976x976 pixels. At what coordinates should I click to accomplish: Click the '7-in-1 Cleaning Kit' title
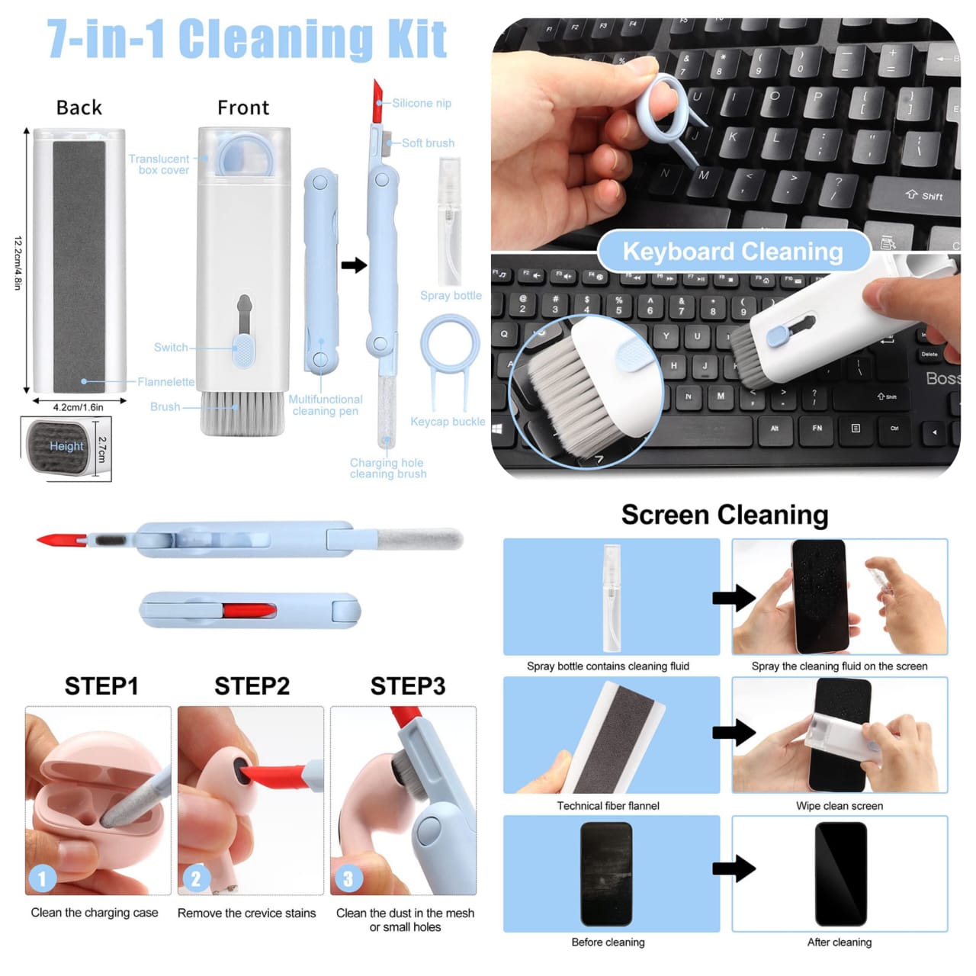[x=247, y=40]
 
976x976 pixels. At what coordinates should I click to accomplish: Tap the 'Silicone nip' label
[x=422, y=103]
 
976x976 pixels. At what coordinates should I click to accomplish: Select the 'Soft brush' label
[x=428, y=143]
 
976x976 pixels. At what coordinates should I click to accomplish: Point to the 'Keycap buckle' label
[x=448, y=422]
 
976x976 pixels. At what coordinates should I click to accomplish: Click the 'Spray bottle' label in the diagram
[x=451, y=296]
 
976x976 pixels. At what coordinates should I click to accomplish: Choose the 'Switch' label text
[x=171, y=348]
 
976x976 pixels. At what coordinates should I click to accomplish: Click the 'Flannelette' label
[x=166, y=382]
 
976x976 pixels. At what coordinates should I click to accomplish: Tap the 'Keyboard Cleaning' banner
[x=733, y=251]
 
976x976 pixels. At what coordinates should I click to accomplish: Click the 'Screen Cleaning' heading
[x=724, y=515]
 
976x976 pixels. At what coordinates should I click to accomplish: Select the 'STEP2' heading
[x=252, y=686]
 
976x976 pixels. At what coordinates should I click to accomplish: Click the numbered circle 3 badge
[x=348, y=879]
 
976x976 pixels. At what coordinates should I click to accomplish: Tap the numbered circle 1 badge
[x=42, y=879]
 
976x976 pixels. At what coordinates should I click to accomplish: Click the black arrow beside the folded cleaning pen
[x=354, y=265]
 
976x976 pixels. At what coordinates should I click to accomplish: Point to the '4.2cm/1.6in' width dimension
[x=78, y=407]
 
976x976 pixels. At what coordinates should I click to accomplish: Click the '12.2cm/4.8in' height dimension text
[x=18, y=262]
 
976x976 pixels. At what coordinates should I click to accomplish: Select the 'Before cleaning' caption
[x=608, y=942]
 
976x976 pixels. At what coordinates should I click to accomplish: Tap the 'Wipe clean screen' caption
[x=840, y=806]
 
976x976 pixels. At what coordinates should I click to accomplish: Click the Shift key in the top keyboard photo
[x=923, y=196]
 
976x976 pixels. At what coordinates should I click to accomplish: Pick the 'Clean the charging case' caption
[x=95, y=913]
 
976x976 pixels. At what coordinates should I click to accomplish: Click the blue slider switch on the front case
[x=244, y=352]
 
